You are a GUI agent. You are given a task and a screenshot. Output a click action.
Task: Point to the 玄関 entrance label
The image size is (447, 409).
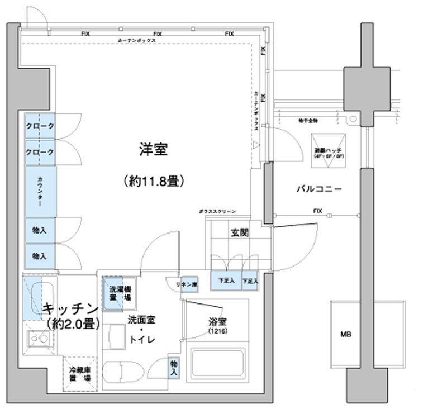point(239,233)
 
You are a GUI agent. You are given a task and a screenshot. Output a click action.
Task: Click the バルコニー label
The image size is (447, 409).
point(319,189)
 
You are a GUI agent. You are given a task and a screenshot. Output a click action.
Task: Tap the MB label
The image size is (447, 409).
point(346,335)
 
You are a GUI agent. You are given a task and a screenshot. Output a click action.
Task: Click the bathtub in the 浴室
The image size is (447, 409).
point(218,366)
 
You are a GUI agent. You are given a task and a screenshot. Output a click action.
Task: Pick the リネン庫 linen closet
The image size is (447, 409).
point(187,284)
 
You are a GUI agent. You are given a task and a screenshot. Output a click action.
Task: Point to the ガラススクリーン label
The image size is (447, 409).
point(217,212)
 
